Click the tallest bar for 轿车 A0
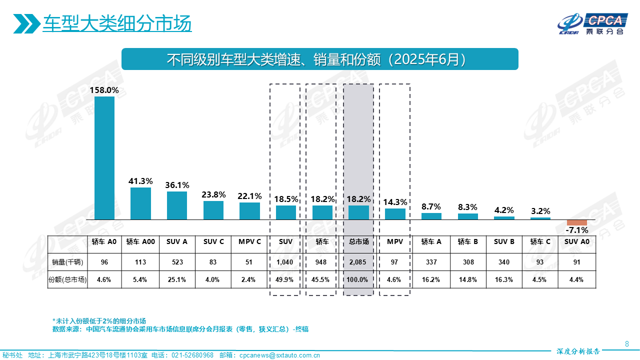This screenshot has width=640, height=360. tap(104, 158)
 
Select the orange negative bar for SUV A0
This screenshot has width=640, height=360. tap(576, 222)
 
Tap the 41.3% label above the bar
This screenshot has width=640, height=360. tap(140, 181)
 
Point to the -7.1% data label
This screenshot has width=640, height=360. tap(576, 230)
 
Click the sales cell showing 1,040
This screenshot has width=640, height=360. tap(285, 261)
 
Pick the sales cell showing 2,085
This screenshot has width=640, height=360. tap(358, 261)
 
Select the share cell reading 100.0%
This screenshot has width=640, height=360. tap(358, 279)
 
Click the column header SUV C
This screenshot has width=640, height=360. tap(213, 241)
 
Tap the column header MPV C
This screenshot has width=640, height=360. tap(249, 241)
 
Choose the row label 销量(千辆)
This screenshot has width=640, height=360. tap(67, 261)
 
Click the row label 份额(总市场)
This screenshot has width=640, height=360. tap(67, 279)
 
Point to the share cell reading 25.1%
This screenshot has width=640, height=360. tap(177, 279)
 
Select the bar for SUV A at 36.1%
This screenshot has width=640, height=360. tap(177, 205)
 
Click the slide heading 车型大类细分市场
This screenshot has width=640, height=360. tap(117, 23)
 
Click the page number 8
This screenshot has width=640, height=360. tap(627, 343)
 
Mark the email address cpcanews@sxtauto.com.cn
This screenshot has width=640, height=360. tap(279, 355)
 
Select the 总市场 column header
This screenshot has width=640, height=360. tap(358, 241)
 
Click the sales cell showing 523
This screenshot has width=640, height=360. tap(177, 261)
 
